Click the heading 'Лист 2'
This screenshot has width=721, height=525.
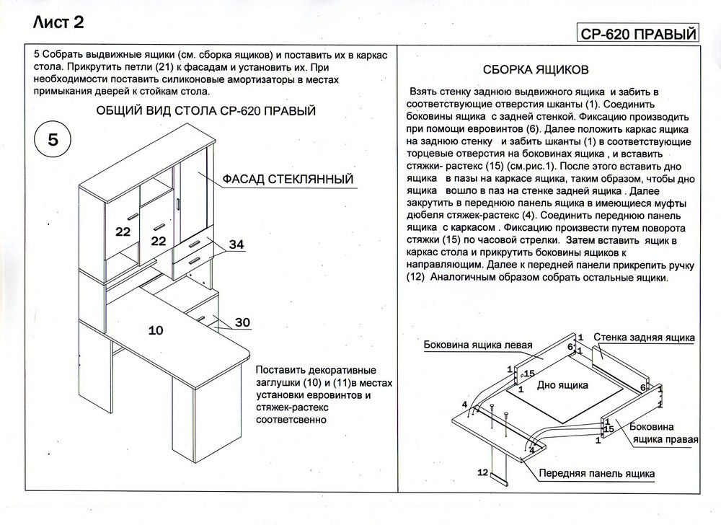(x=58, y=22)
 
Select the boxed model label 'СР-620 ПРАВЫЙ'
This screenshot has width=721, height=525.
(x=638, y=34)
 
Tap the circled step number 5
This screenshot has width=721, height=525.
(x=53, y=140)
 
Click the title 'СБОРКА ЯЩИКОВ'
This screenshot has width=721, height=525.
(x=537, y=70)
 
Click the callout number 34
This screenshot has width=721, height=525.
(x=237, y=245)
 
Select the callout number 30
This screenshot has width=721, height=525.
(x=242, y=322)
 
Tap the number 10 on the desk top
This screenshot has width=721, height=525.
(x=156, y=330)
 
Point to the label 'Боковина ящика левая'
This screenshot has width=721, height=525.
(x=478, y=344)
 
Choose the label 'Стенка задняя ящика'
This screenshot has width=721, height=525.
(x=644, y=337)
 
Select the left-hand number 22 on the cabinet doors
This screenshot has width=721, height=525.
(x=122, y=231)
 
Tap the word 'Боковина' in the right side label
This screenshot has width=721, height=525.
(x=652, y=427)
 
